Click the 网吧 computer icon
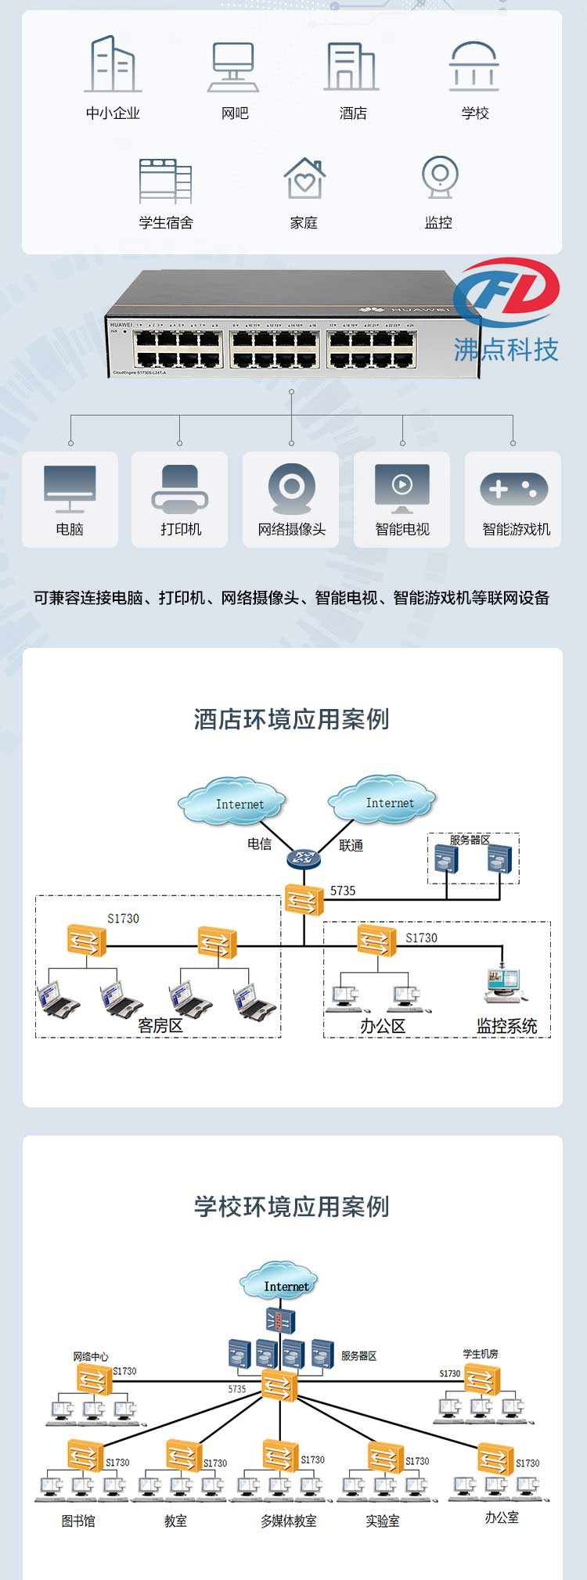[x=234, y=67]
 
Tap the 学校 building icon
[x=474, y=66]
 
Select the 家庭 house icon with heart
[x=304, y=178]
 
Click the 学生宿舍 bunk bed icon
[x=165, y=179]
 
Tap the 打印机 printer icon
[x=180, y=489]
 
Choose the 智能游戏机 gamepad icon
[x=513, y=489]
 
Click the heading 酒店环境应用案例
[x=292, y=719]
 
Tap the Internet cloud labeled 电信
[x=232, y=801]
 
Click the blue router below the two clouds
[x=304, y=858]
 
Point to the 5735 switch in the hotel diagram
[x=304, y=900]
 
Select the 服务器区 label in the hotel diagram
[x=470, y=840]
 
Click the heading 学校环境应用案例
[x=292, y=1206]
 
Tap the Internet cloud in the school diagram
[x=279, y=1281]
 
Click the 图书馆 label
[x=78, y=1521]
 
